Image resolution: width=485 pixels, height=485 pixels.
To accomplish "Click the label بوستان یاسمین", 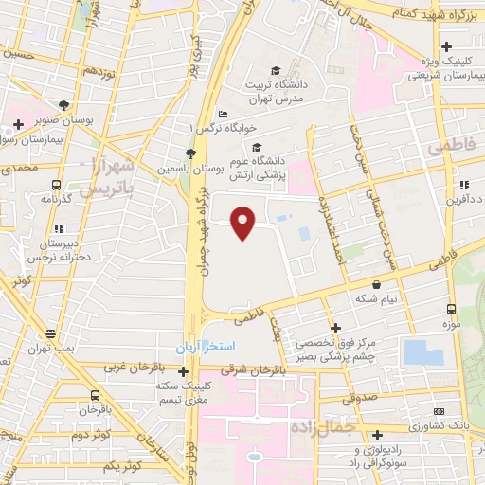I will pos(219,166).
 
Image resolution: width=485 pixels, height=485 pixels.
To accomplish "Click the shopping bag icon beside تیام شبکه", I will pos(377,283).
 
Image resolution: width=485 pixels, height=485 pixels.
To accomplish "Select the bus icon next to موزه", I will pos(450,309).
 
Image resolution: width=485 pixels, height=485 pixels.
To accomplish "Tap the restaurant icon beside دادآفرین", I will pos(463,185).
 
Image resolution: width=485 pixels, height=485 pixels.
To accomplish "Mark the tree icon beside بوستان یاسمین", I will pos(190,153).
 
